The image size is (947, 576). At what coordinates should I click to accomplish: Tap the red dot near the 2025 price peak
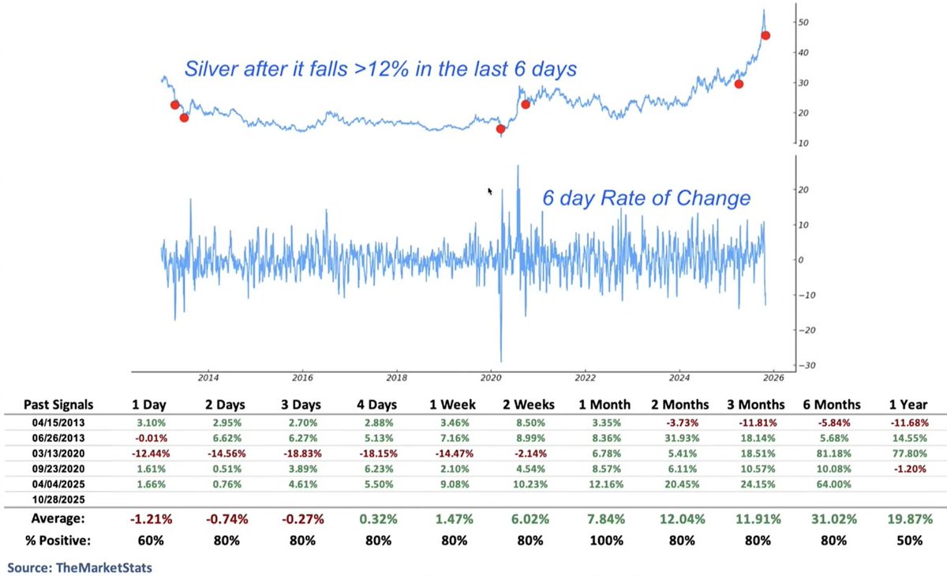click(x=765, y=35)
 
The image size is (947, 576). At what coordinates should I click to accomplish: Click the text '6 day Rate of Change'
click(x=646, y=198)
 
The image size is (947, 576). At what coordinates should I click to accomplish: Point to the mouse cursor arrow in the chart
click(x=490, y=191)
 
